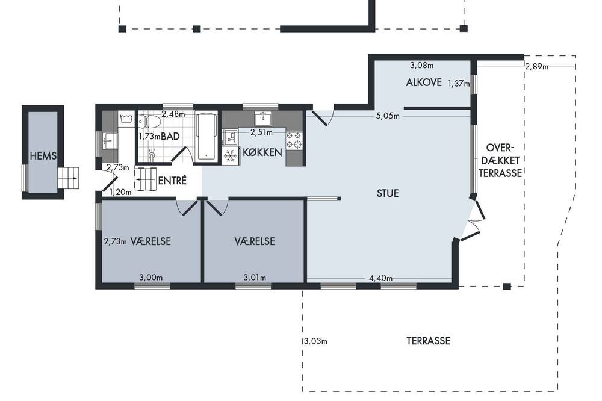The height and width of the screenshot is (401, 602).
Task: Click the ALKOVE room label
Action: (424, 82)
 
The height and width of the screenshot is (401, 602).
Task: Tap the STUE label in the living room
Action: (387, 193)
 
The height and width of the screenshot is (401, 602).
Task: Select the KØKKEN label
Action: (262, 152)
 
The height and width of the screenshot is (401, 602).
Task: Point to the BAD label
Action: (170, 136)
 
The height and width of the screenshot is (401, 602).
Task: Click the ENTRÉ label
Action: (172, 180)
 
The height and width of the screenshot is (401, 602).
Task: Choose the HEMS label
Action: (43, 156)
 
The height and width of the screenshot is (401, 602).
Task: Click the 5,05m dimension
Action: (388, 116)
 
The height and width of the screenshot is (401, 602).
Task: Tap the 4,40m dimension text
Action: (381, 278)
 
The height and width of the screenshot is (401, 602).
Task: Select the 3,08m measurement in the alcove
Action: (421, 66)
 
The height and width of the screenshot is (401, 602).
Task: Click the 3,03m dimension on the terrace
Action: (315, 341)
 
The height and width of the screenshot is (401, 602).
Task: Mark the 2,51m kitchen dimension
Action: (261, 132)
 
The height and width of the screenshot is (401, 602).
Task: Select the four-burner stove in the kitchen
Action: (294, 140)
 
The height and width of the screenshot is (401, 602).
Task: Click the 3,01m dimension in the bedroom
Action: (255, 278)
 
